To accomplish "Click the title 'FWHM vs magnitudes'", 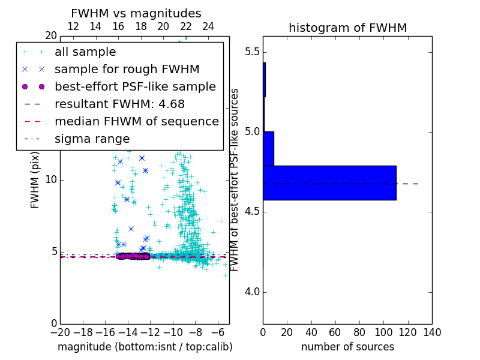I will pyautogui.click(x=136, y=13).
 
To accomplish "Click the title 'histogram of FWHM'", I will pyautogui.click(x=347, y=28).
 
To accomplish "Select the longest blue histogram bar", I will pyautogui.click(x=329, y=182).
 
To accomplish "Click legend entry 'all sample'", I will pyautogui.click(x=85, y=52).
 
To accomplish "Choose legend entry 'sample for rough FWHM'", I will pyautogui.click(x=127, y=70).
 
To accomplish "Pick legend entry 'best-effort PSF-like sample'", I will pyautogui.click(x=135, y=87).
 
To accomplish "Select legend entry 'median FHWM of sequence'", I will pyautogui.click(x=136, y=122).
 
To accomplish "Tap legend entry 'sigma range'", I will pyautogui.click(x=92, y=139).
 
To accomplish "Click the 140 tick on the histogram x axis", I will pyautogui.click(x=432, y=332).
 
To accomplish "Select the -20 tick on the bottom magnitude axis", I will pyautogui.click(x=60, y=332).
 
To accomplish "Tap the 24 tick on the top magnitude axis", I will pyautogui.click(x=208, y=26).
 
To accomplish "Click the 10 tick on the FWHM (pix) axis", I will pyautogui.click(x=50, y=180).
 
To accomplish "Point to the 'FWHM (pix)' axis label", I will pyautogui.click(x=35, y=180).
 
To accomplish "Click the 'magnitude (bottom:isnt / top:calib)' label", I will pyautogui.click(x=145, y=347).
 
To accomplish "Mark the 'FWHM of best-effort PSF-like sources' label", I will pyautogui.click(x=235, y=180).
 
